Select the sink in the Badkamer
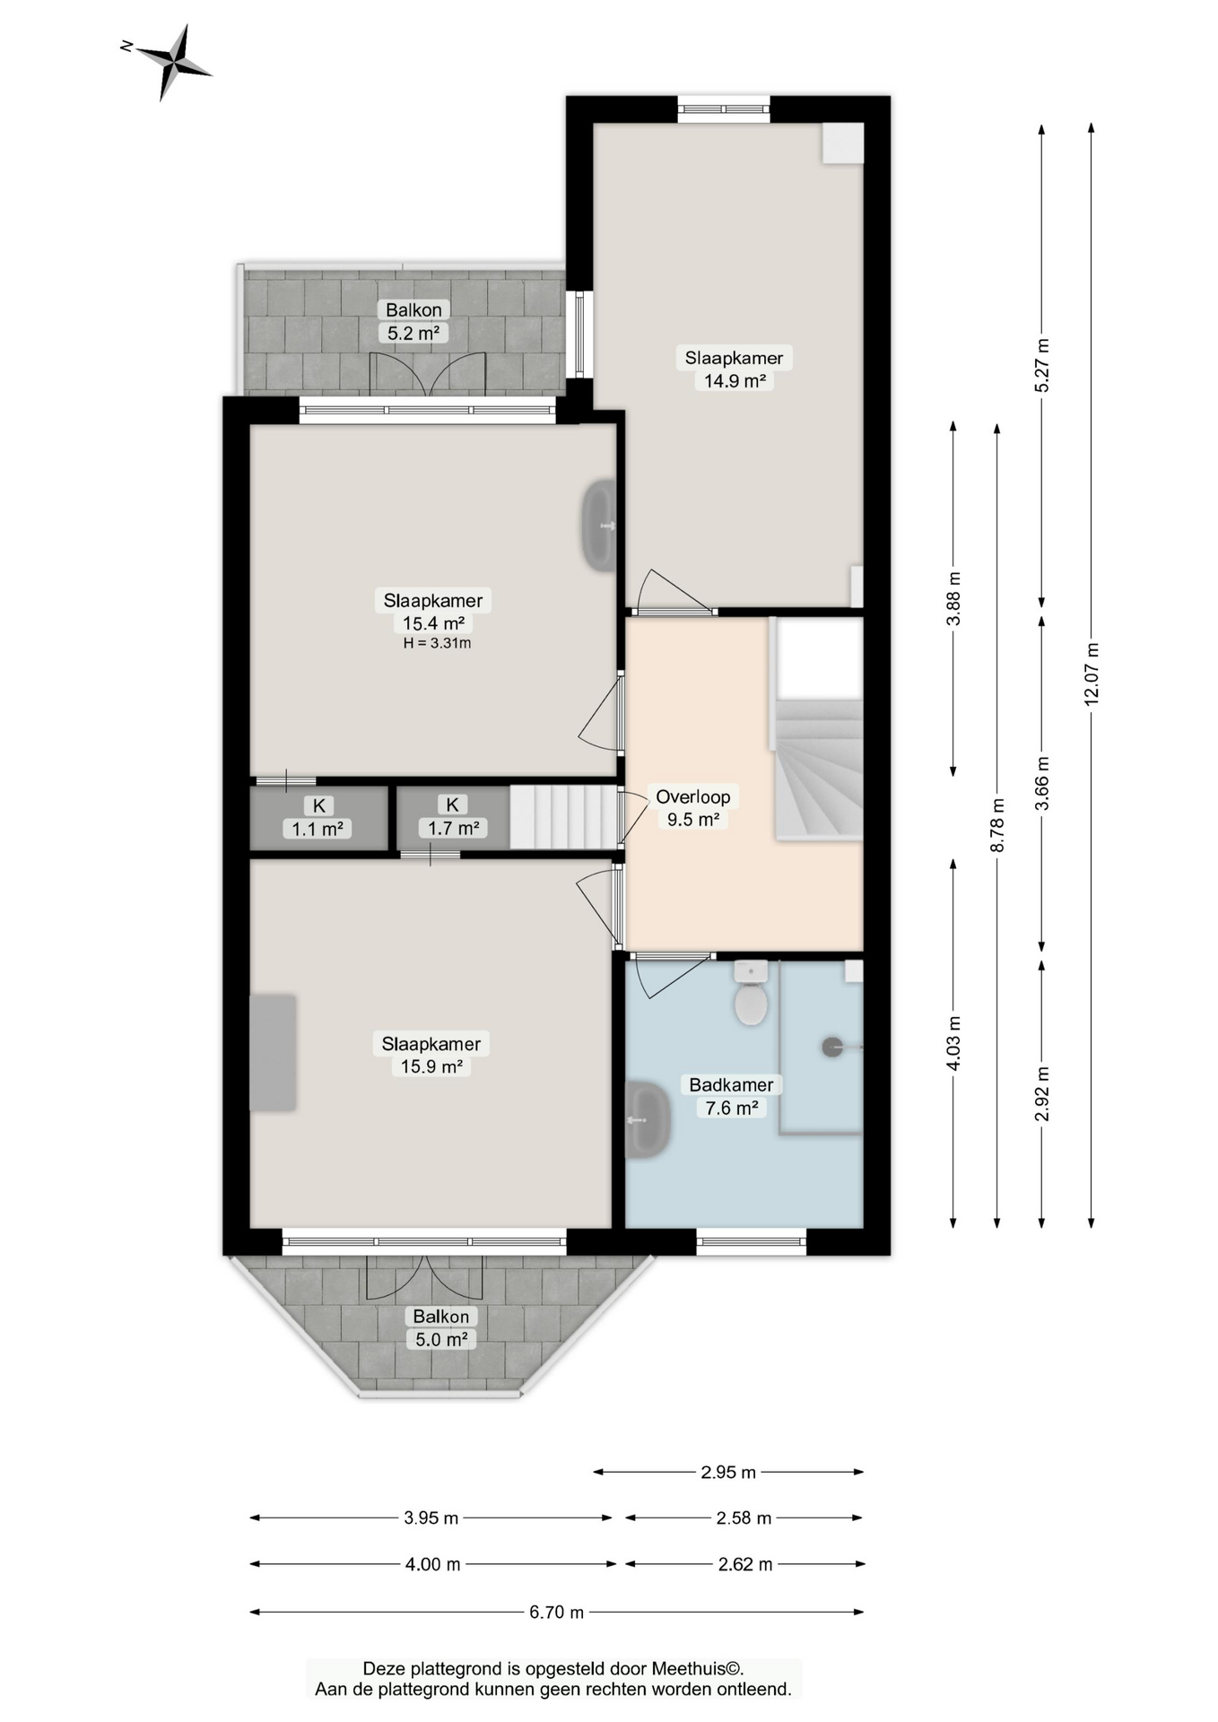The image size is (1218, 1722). click(x=646, y=1119)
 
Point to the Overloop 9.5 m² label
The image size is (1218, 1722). click(x=692, y=807)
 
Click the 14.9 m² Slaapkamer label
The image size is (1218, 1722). click(x=734, y=369)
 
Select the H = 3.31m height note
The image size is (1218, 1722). click(x=437, y=643)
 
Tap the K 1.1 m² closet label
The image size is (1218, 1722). click(x=318, y=817)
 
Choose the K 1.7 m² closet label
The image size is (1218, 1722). click(x=453, y=816)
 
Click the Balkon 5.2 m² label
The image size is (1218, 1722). click(x=413, y=321)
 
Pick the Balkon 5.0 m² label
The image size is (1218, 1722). click(x=440, y=1328)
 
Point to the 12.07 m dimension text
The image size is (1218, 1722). click(x=1092, y=674)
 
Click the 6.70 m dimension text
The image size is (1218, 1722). click(x=556, y=1612)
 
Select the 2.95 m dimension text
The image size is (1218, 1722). click(x=728, y=1472)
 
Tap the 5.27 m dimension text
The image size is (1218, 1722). click(x=1041, y=365)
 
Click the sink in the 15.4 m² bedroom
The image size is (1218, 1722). click(x=599, y=526)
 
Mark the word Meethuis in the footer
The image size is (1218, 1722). click(x=689, y=1669)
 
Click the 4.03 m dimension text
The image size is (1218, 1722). click(x=953, y=1043)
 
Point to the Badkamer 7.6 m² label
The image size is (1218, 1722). click(x=731, y=1096)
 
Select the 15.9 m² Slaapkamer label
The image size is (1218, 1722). click(x=431, y=1055)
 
